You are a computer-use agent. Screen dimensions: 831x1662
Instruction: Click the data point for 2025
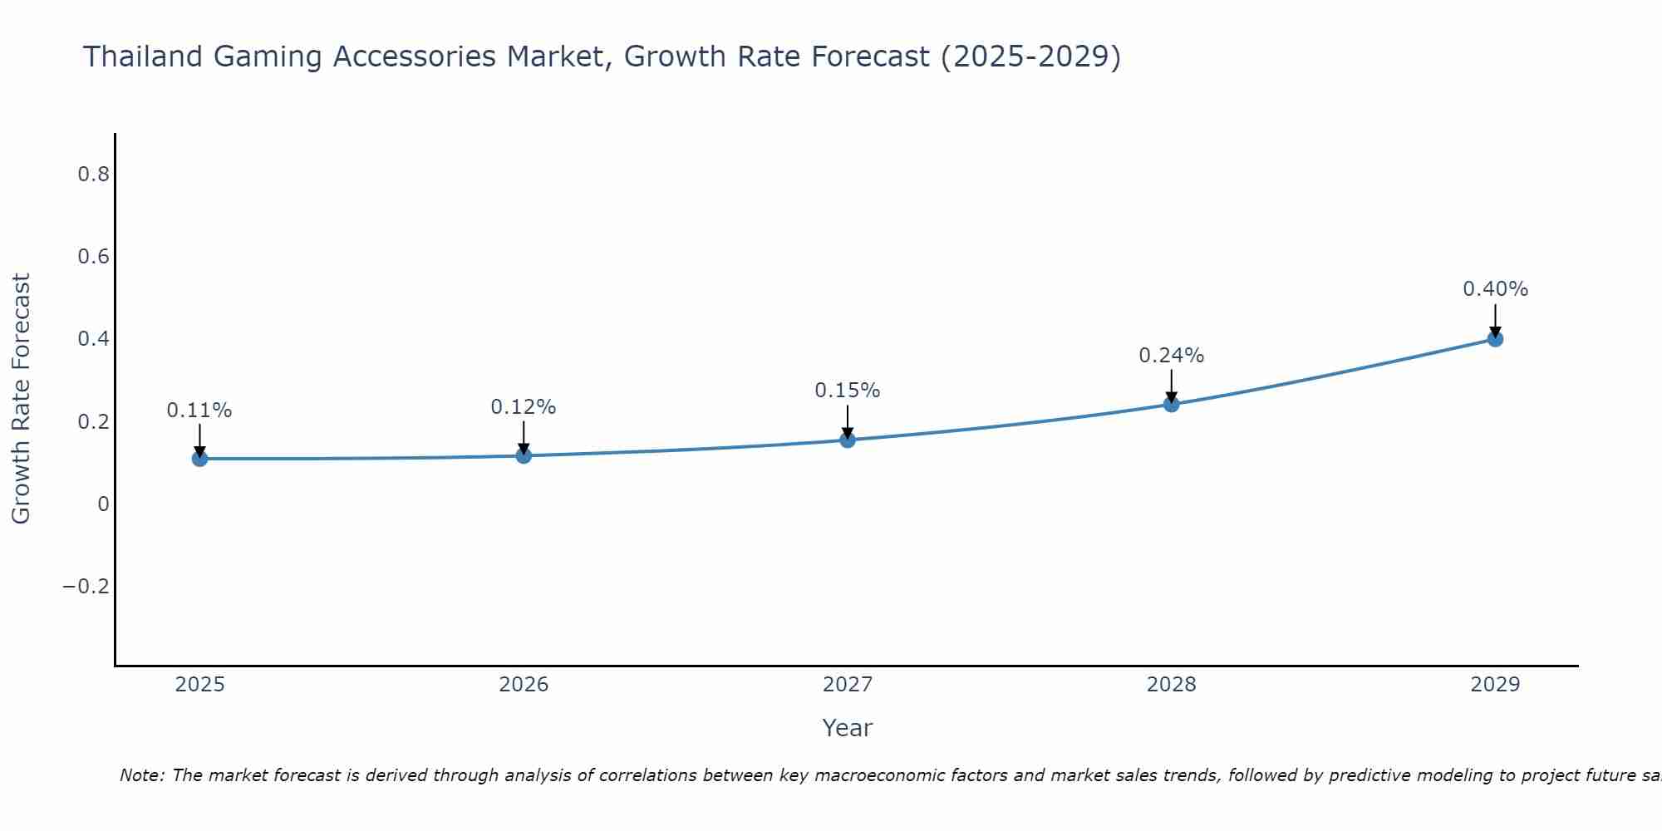pyautogui.click(x=199, y=458)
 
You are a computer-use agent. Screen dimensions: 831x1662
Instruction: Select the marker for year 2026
pyautogui.click(x=524, y=455)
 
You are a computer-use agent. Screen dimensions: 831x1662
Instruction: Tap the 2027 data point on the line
pyautogui.click(x=848, y=440)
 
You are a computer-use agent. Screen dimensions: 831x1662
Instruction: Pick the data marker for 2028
pyautogui.click(x=1172, y=404)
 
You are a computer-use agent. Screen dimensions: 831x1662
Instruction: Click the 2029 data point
pyautogui.click(x=1495, y=338)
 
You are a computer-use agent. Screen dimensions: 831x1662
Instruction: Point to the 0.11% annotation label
pyautogui.click(x=199, y=411)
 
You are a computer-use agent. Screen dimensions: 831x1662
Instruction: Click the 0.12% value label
pyautogui.click(x=524, y=407)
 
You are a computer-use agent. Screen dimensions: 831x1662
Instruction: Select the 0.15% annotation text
pyautogui.click(x=848, y=391)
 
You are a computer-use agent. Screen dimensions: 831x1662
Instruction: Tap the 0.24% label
pyautogui.click(x=1172, y=356)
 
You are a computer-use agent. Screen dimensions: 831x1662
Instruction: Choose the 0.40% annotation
pyautogui.click(x=1495, y=289)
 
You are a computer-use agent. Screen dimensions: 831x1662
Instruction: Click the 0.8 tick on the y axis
pyautogui.click(x=93, y=175)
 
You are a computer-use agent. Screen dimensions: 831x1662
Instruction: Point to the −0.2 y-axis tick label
pyautogui.click(x=86, y=587)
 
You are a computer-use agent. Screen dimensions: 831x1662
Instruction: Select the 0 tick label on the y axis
pyautogui.click(x=103, y=504)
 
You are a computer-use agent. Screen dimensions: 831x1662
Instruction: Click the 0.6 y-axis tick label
pyautogui.click(x=93, y=257)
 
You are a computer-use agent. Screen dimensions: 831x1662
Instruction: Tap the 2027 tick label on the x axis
pyautogui.click(x=848, y=685)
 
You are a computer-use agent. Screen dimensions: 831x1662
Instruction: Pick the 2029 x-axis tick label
pyautogui.click(x=1495, y=685)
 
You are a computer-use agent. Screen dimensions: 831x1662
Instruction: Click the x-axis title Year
pyautogui.click(x=848, y=729)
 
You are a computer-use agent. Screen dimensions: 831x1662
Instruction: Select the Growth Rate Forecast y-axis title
pyautogui.click(x=22, y=399)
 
